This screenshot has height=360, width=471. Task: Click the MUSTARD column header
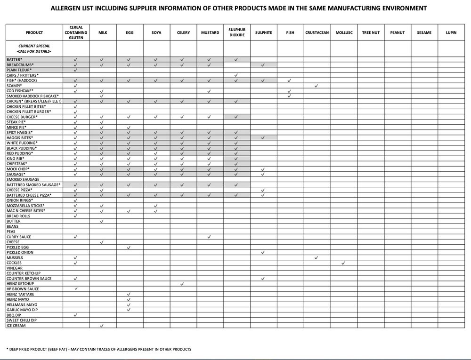(210, 32)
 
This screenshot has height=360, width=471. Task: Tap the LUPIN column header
(450, 32)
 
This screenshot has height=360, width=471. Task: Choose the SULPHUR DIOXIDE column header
(236, 32)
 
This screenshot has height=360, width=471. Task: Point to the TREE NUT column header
(370, 32)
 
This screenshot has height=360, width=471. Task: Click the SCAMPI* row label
(15, 86)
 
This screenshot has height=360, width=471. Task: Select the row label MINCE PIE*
(16, 127)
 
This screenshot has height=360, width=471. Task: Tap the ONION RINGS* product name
(19, 200)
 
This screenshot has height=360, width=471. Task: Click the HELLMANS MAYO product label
(20, 304)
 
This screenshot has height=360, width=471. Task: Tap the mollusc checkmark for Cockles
(343, 263)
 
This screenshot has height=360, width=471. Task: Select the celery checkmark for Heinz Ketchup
(183, 284)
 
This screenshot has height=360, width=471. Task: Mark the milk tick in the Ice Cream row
(102, 326)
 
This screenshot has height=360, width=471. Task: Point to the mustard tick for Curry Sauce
(209, 237)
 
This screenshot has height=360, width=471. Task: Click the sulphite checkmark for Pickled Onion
(263, 253)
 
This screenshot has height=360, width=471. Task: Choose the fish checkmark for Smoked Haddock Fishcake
(290, 96)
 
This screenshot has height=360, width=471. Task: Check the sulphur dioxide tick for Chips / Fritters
(236, 75)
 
